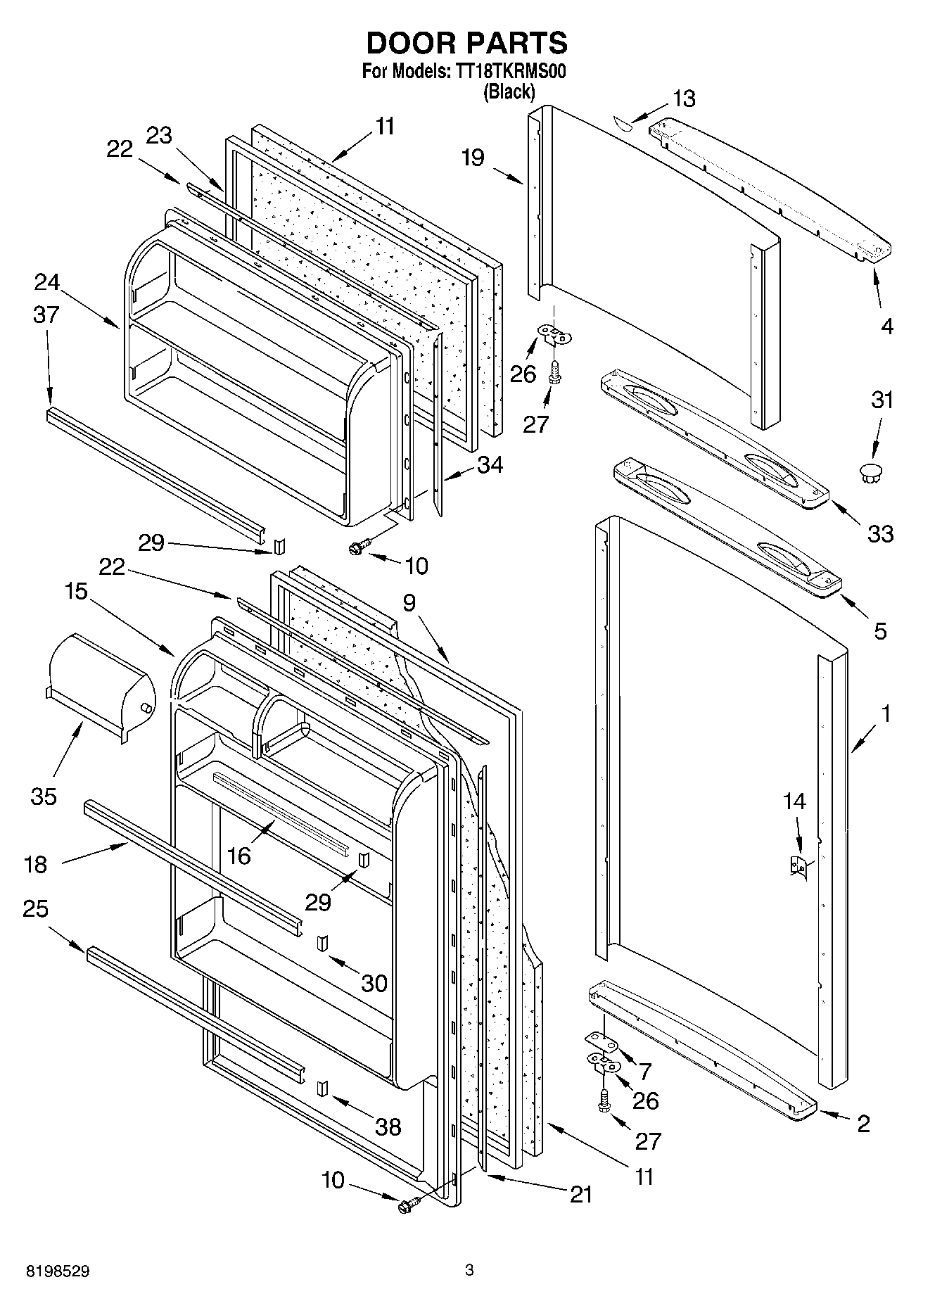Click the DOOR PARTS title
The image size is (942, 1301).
(466, 44)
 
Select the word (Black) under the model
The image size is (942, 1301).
(508, 91)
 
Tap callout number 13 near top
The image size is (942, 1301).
(683, 99)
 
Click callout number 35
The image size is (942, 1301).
(44, 797)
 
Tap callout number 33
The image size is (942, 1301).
(880, 533)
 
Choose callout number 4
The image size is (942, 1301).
(887, 326)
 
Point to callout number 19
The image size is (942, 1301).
(473, 158)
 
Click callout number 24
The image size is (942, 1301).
(46, 282)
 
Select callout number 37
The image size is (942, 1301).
(46, 315)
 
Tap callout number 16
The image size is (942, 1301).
(239, 856)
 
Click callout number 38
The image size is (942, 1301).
(388, 1127)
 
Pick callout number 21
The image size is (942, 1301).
(580, 1194)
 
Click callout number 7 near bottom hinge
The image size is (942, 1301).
(644, 1071)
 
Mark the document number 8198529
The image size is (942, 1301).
(58, 1271)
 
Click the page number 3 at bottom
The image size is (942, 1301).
(469, 1270)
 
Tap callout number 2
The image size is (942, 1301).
(863, 1124)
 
